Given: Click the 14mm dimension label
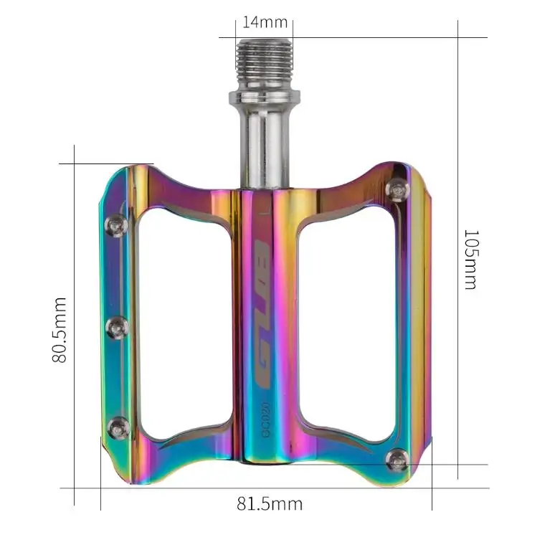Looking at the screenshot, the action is click(x=265, y=22).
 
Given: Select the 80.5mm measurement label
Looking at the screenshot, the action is click(x=60, y=330).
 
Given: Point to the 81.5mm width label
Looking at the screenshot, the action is click(x=270, y=504).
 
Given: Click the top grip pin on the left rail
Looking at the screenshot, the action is click(x=116, y=226).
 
